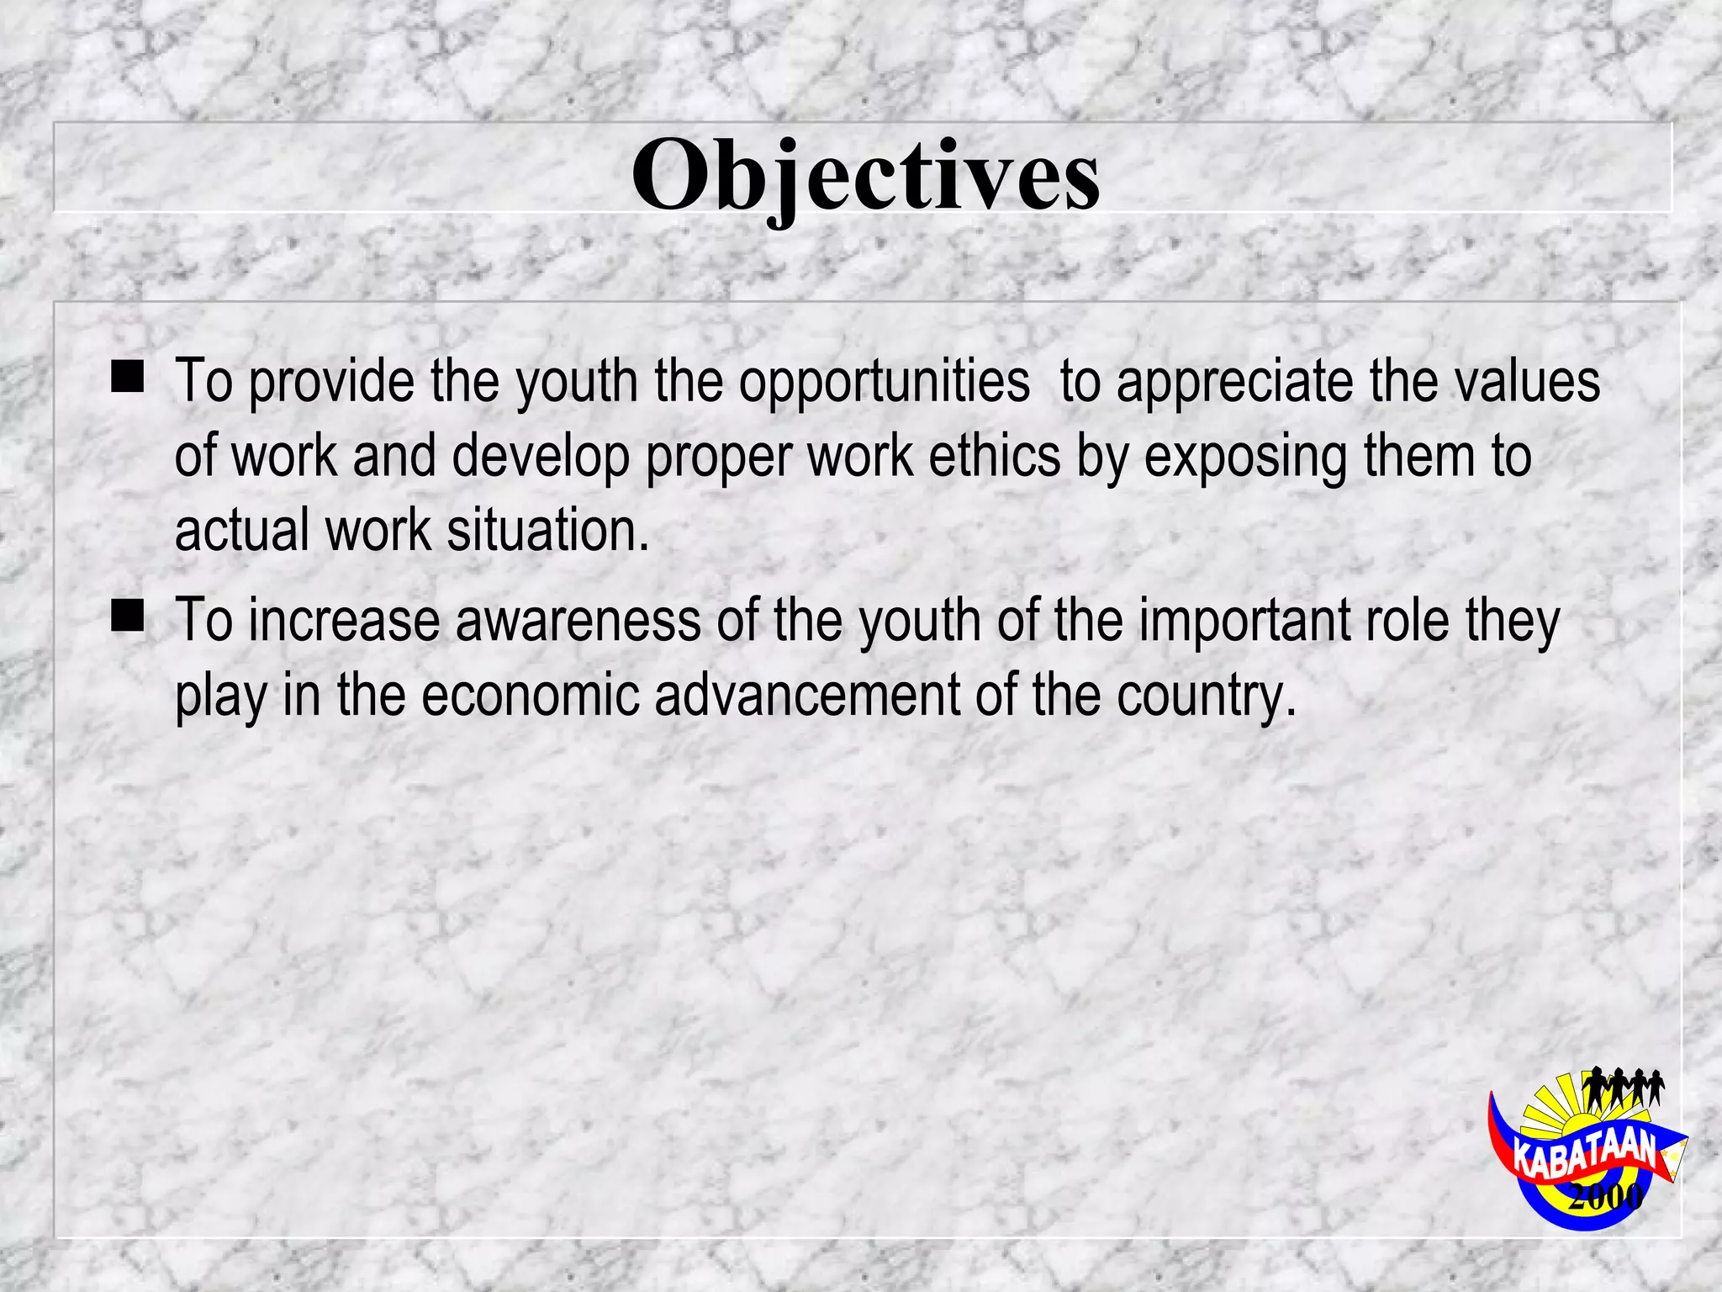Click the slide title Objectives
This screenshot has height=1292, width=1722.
point(865,175)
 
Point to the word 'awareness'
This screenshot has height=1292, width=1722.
point(578,621)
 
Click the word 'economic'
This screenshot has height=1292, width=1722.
point(530,696)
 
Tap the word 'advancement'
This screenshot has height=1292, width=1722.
point(806,696)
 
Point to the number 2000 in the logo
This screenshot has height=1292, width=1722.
point(1605,1195)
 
